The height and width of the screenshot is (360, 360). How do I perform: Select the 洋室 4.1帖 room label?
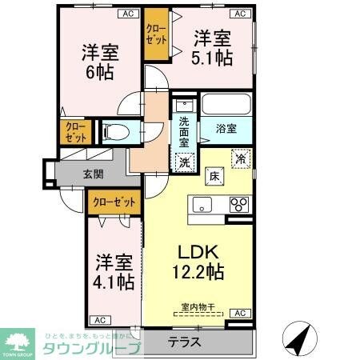(114, 271)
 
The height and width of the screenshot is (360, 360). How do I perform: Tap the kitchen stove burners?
(239, 205)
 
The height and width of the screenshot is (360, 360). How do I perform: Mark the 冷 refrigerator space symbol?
(238, 158)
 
